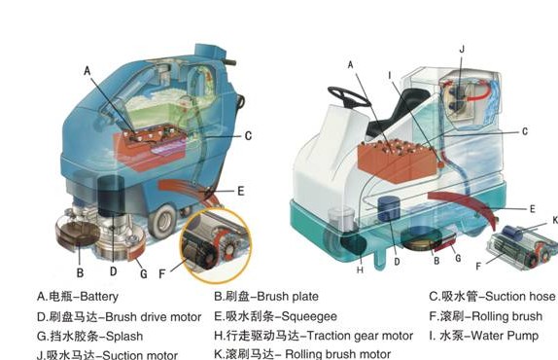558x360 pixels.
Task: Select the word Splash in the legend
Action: [x=107, y=336]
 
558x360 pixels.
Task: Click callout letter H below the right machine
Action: [x=359, y=270]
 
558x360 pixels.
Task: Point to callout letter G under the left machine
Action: [x=142, y=273]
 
